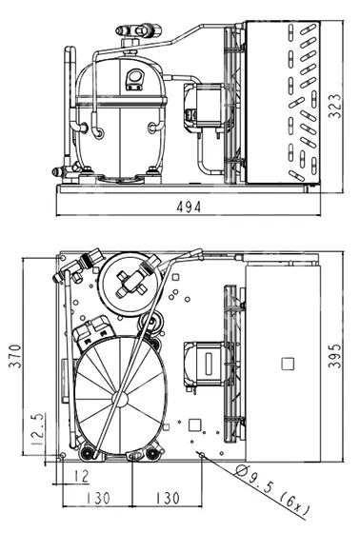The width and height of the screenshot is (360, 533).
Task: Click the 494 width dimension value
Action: [x=189, y=207]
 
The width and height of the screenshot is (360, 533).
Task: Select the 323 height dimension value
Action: [x=334, y=106]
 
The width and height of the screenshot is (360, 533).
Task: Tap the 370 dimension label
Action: [x=15, y=356]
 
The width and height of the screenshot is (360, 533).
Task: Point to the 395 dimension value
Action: [x=334, y=356]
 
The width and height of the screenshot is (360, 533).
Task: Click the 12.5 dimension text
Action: [x=37, y=429]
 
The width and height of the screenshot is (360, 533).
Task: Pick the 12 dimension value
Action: [x=81, y=476]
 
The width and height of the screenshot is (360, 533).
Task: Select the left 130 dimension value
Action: [x=98, y=499]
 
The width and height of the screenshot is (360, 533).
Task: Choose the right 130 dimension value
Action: [x=167, y=499]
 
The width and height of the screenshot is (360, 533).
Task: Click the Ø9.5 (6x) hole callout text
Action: [x=272, y=490]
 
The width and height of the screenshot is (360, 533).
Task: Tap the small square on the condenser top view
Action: [x=288, y=364]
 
